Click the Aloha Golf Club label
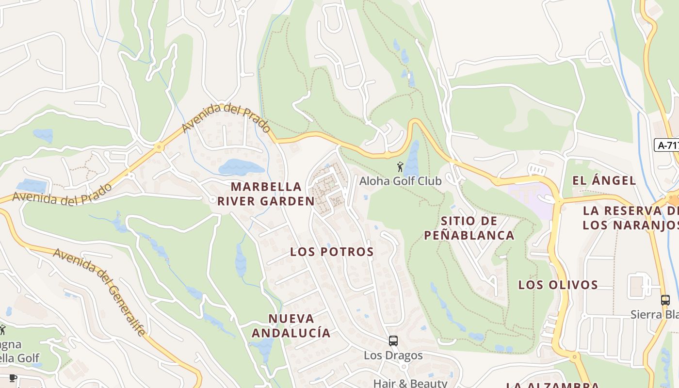400,181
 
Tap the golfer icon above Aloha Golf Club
400,167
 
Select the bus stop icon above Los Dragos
393,340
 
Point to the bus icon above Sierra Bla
665,300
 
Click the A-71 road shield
667,145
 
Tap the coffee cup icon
13,378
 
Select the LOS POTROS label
332,252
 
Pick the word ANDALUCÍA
291,333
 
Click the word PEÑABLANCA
469,235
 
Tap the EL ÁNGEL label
604,181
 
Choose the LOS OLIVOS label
558,285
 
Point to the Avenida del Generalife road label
99,291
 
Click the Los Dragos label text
393,356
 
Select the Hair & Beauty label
410,383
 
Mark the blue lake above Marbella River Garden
241,167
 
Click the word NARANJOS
643,225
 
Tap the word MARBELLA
266,187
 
